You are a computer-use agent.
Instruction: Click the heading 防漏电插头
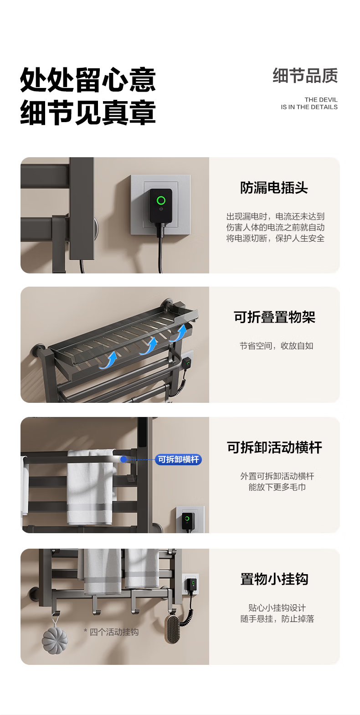pos(274,188)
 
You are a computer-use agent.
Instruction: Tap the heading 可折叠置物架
pos(274,317)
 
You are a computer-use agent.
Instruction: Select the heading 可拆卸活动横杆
pos(274,448)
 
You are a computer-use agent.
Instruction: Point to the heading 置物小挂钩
pos(274,579)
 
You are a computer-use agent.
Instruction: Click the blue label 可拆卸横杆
pos(178,459)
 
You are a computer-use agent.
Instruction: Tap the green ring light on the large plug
pos(161,201)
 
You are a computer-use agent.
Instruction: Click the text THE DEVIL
pos(321,100)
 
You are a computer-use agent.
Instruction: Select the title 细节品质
pos(305,76)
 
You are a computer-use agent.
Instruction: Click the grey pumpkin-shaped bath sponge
pos(55,640)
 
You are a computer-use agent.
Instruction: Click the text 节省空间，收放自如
pos(277,346)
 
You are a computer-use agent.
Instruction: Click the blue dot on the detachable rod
pos(123,459)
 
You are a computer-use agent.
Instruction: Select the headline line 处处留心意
pos(88,80)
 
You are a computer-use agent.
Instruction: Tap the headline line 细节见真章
pos(88,112)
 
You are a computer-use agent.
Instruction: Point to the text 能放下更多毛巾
pos(277,487)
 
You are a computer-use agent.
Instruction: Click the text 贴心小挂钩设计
pos(277,608)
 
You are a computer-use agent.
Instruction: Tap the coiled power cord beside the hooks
pos(188,608)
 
